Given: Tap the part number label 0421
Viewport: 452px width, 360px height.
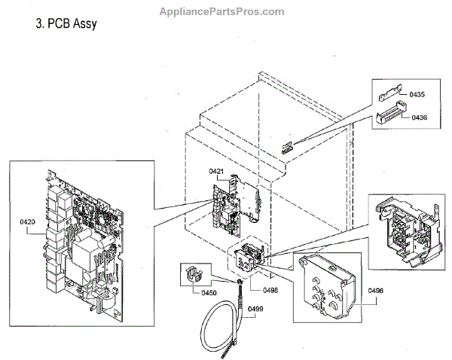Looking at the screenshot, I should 217,172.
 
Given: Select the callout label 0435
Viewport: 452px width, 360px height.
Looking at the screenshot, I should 418,95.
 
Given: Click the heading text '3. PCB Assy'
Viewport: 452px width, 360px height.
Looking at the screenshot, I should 66,24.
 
